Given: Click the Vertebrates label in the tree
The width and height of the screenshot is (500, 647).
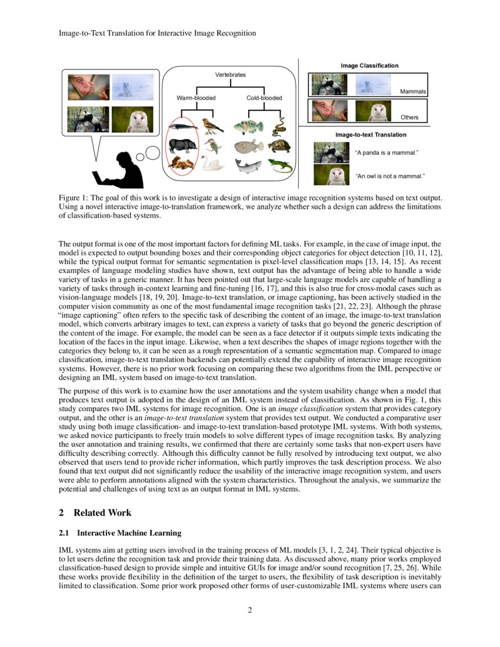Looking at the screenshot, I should (230, 75).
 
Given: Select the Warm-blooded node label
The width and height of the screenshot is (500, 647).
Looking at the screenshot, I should (196, 98).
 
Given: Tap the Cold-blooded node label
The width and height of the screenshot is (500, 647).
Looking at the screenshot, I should (264, 98).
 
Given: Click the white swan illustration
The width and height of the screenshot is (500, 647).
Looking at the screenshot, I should (213, 163).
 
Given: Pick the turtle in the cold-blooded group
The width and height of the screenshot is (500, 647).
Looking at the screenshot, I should (279, 146).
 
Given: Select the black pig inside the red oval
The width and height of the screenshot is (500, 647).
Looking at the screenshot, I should (182, 145).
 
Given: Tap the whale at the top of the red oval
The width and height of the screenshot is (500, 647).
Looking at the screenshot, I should (182, 125).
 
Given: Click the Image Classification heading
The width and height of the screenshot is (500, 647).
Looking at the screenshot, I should (369, 65).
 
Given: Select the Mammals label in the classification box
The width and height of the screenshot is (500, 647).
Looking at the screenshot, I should (412, 92).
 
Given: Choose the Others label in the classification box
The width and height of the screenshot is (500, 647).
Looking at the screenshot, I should (409, 117).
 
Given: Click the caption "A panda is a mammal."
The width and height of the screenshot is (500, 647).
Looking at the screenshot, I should (386, 153).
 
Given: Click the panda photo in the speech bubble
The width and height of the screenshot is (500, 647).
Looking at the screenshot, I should (88, 119).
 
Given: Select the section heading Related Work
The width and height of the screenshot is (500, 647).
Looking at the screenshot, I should (95, 512).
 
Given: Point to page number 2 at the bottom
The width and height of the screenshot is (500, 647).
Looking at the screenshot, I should (250, 609).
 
